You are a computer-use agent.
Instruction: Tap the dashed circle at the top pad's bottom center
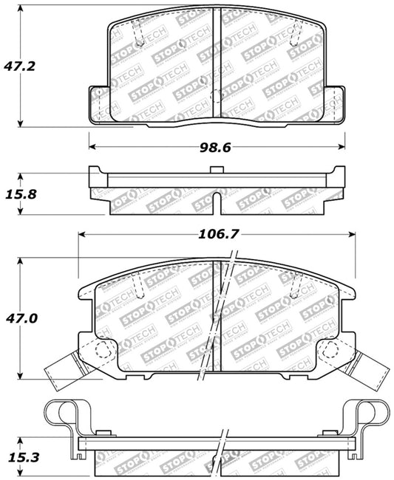click(215, 96)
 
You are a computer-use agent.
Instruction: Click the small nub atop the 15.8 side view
click(215, 171)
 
